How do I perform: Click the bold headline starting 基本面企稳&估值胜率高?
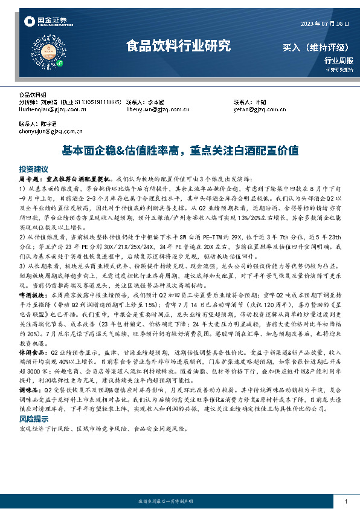[179, 151]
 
